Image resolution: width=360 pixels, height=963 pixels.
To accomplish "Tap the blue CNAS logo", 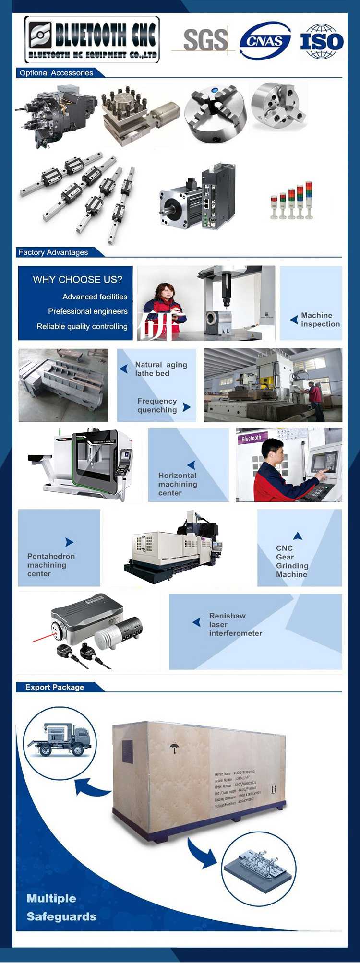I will (x=265, y=41).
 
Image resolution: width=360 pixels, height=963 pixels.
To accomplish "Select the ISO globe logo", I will (x=322, y=41).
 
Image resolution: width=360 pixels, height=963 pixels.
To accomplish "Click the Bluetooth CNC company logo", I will (x=92, y=40).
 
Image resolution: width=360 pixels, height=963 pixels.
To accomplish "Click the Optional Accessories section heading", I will (x=56, y=73).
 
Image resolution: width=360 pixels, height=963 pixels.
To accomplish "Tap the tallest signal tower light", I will (x=309, y=200).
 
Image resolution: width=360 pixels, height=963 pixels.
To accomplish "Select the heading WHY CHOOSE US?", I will (x=77, y=279).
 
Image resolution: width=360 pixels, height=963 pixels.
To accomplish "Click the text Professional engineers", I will (x=87, y=311).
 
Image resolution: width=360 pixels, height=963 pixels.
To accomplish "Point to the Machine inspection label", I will (x=320, y=320).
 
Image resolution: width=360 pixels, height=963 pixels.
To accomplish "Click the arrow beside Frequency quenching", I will (x=187, y=407).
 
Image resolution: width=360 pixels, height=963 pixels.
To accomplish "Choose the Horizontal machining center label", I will (x=178, y=484).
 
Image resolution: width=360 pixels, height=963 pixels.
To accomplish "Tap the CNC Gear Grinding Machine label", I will (x=292, y=561).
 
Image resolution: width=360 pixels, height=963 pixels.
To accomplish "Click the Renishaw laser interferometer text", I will (x=235, y=624).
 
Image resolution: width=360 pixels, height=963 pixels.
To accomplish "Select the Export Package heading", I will (x=55, y=687).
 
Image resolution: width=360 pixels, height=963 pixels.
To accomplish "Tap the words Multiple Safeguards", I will (x=61, y=907).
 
